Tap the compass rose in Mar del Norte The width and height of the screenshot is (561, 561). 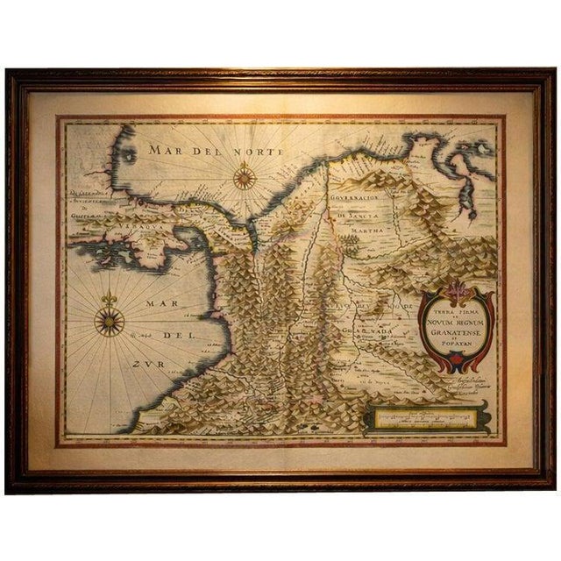click(244, 179)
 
